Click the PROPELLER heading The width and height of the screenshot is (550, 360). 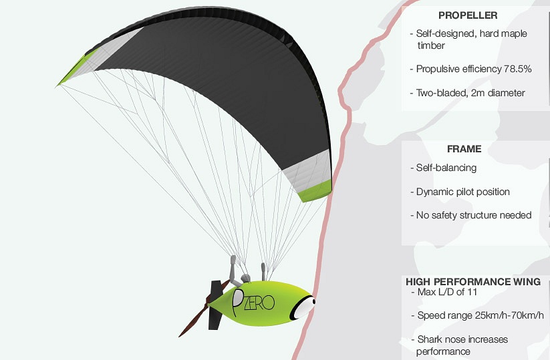click(468, 15)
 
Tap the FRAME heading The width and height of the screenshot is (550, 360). click(464, 149)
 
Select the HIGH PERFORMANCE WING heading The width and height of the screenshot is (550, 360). click(473, 281)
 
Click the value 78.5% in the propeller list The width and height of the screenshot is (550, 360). click(518, 69)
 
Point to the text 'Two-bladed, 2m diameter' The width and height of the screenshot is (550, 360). click(470, 93)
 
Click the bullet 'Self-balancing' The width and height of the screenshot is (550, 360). click(446, 168)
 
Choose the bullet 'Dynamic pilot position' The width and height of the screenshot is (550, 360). click(462, 192)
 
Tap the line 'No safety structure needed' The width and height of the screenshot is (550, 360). click(474, 215)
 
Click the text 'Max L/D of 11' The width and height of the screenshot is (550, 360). click(447, 292)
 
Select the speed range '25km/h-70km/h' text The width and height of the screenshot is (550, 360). click(509, 315)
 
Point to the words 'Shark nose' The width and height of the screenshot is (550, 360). click(440, 339)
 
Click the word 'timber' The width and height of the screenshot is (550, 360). click(431, 45)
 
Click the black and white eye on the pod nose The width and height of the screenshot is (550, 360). click(303, 307)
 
